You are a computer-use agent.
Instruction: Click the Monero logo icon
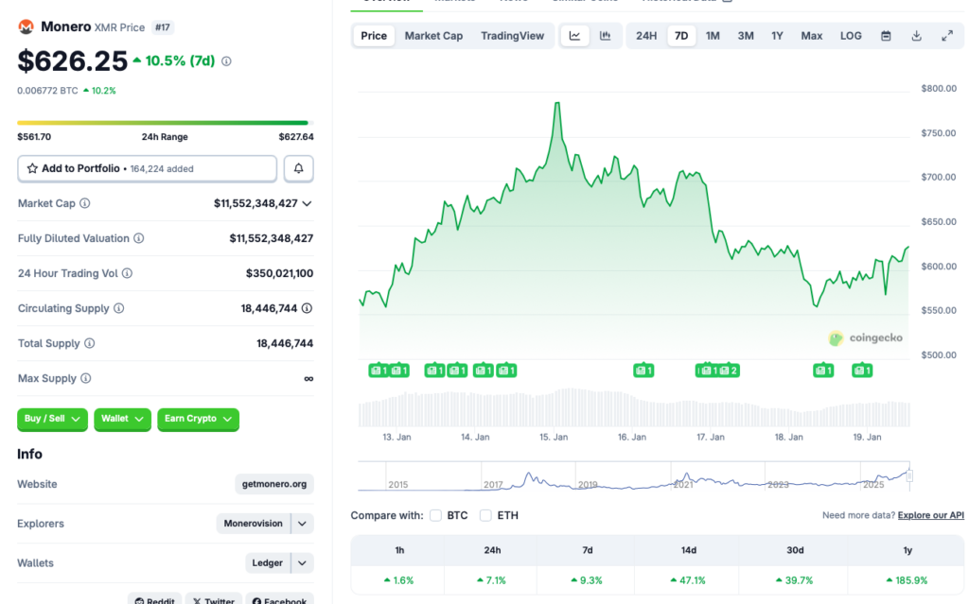(x=26, y=27)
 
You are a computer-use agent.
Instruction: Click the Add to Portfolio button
(x=147, y=168)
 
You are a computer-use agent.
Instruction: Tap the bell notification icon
(x=299, y=168)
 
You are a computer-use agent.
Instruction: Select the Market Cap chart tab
(x=433, y=36)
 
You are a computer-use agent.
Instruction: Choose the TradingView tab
(x=512, y=36)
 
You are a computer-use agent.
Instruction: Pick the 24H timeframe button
(x=646, y=36)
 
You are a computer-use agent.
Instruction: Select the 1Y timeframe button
(x=777, y=36)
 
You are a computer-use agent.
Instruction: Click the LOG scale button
(x=851, y=36)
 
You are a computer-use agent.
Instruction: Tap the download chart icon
(x=916, y=36)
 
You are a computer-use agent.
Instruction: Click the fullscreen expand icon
(x=947, y=36)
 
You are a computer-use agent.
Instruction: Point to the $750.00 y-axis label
(x=938, y=133)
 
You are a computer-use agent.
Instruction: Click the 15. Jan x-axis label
(x=554, y=437)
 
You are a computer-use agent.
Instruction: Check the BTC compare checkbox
(x=436, y=515)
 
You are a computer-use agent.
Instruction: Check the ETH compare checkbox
(x=485, y=515)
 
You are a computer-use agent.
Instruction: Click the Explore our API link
(x=930, y=515)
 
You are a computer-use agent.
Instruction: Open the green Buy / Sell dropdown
(x=52, y=419)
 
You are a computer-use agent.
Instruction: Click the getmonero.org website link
(x=273, y=484)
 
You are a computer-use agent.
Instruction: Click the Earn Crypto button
(x=198, y=419)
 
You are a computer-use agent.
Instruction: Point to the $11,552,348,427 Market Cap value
(x=255, y=203)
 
